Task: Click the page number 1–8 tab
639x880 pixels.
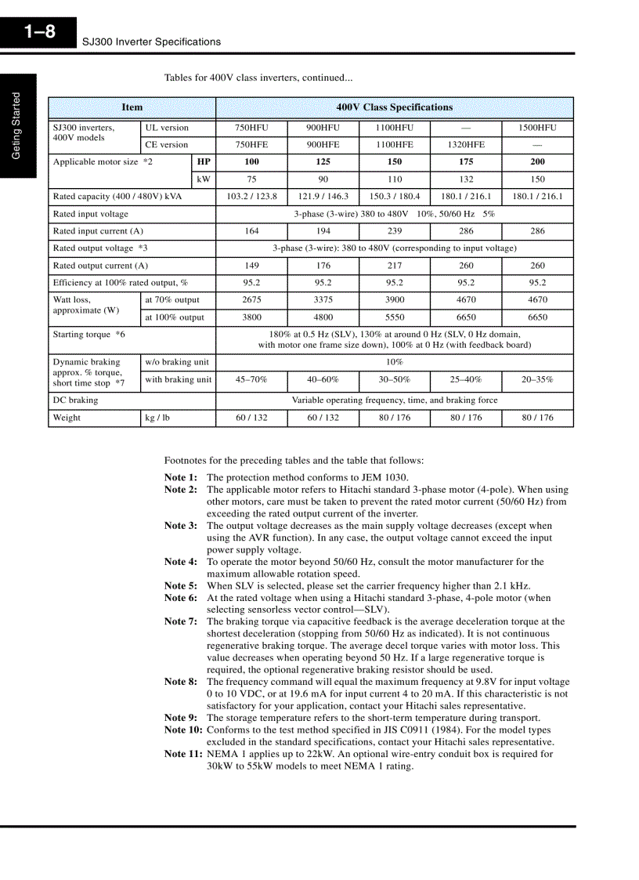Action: (39, 32)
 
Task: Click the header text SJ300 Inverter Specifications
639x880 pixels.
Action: (152, 42)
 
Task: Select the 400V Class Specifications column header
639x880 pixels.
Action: (394, 107)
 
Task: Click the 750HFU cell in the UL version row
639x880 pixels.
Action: (251, 128)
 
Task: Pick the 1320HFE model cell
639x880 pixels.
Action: (466, 145)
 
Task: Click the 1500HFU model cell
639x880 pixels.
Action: (537, 128)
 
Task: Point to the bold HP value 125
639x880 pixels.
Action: (323, 162)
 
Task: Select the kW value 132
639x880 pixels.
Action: (466, 179)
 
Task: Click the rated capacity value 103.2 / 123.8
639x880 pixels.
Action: (251, 197)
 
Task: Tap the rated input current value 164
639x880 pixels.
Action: (251, 231)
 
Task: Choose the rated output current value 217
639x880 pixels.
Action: (395, 266)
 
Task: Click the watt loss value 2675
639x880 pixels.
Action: (251, 300)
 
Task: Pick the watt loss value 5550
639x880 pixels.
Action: (395, 317)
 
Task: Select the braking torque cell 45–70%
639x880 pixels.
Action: (251, 379)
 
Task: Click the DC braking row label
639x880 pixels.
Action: (76, 400)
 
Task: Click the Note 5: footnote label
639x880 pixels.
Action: (181, 586)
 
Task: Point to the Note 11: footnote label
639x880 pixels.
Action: (183, 755)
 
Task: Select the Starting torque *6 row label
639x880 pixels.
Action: (89, 335)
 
